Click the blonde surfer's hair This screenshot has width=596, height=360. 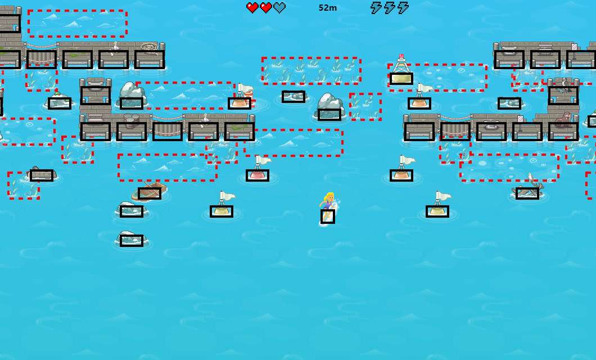coord(328,197)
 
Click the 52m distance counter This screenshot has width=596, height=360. coord(328,8)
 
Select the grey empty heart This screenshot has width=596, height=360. coord(279,8)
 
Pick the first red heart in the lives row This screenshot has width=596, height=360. coord(252,8)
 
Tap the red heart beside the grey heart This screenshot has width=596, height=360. coord(266,8)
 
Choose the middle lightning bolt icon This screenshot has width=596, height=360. coord(390,8)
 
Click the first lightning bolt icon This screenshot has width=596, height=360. coord(376,8)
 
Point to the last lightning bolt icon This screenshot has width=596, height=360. coord(403,8)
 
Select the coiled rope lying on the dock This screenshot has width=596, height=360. coord(149,46)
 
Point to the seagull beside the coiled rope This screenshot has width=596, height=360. coord(115,46)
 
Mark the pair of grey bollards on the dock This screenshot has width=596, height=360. coord(132,118)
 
